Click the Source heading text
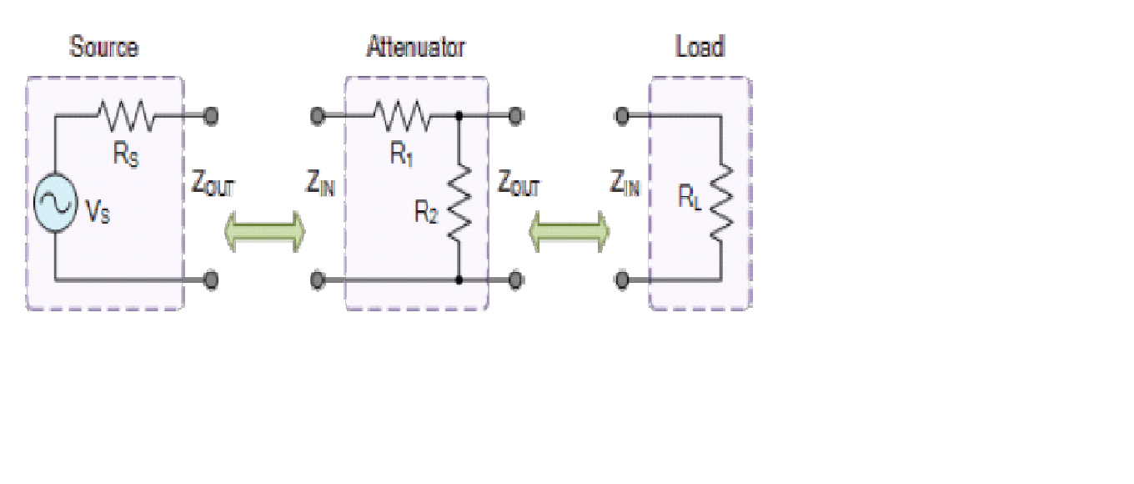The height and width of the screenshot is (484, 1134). click(103, 47)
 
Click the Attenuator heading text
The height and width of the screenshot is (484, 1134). click(415, 47)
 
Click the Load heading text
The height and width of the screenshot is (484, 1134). click(699, 47)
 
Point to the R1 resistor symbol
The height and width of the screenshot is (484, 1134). click(401, 115)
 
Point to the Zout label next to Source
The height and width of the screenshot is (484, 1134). click(213, 184)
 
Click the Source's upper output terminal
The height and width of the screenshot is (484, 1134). click(212, 115)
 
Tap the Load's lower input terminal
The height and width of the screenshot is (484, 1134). click(621, 280)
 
